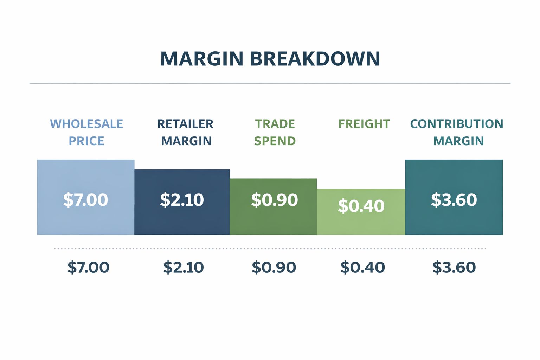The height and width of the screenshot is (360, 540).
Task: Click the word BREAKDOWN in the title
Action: tap(315, 59)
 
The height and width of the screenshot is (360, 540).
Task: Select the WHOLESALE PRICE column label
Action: tap(86, 132)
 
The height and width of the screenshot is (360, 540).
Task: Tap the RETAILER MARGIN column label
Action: tap(186, 132)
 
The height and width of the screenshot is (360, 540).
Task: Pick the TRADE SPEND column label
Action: tap(275, 132)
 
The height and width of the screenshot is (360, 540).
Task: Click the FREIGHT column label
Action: tap(364, 124)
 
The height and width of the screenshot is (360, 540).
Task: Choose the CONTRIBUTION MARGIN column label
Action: tap(457, 132)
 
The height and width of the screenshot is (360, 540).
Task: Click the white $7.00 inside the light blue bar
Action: tap(85, 200)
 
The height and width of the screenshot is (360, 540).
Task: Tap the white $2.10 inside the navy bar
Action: tap(182, 200)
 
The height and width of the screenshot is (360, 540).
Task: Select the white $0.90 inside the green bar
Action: tap(274, 200)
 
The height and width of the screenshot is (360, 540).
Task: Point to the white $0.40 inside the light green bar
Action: tap(361, 206)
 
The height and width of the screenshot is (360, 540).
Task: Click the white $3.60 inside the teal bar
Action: tap(454, 200)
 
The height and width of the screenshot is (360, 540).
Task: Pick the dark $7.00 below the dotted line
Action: tap(88, 267)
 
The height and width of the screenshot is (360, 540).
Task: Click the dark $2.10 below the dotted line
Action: tap(184, 267)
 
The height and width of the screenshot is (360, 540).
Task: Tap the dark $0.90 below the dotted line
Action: tap(274, 267)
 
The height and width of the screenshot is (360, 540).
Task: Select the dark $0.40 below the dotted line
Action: tap(362, 267)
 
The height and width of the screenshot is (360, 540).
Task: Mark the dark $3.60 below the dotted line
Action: tap(454, 267)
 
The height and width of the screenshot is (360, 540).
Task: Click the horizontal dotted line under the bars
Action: tap(270, 248)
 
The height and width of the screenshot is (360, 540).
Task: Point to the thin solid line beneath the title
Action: tap(270, 83)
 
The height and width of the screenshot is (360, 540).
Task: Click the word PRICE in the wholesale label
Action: tap(86, 141)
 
